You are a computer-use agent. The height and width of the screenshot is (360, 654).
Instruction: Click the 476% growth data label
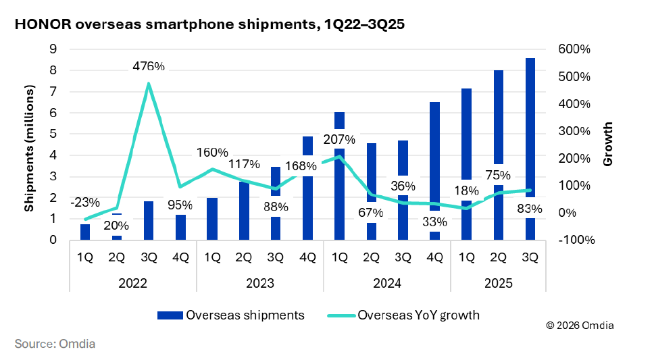[x=149, y=66]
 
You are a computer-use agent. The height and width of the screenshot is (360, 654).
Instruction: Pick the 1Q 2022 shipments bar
[x=85, y=232]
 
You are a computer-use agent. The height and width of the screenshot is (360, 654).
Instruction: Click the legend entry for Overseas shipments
[x=230, y=315]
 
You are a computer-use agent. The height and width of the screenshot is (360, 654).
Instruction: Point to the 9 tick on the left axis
[x=51, y=49]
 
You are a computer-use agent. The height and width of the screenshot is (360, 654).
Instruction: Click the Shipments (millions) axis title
[x=29, y=149]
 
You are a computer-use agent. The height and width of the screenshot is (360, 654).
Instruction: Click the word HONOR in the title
[x=42, y=24]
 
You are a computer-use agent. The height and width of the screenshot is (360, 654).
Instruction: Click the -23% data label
[x=85, y=201]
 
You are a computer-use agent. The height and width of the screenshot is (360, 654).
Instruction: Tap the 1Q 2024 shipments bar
[x=340, y=176]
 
